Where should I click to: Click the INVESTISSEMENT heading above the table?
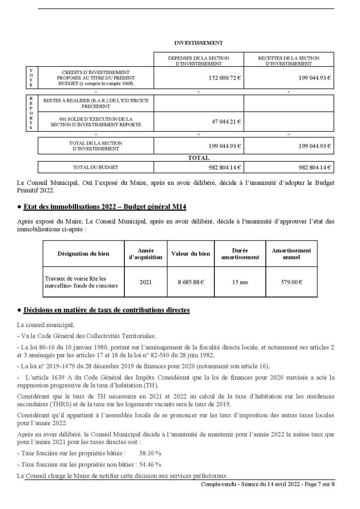tap(198, 43)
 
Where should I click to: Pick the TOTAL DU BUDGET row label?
tap(96, 167)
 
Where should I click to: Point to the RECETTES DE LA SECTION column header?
tap(288, 61)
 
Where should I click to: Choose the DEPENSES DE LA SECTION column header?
tap(198, 61)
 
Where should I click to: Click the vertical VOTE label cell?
tap(32, 78)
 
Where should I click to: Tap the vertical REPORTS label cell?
tap(32, 113)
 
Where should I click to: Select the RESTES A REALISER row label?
tap(96, 103)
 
